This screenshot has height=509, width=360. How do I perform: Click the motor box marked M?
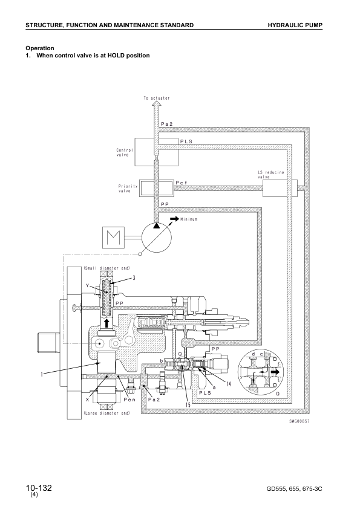[x=113, y=238]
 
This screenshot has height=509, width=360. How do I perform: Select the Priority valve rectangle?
[x=156, y=188]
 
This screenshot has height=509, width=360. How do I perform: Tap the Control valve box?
[x=156, y=152]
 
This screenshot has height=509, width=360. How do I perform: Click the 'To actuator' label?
[x=157, y=98]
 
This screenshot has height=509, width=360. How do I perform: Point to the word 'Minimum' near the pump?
[x=189, y=219]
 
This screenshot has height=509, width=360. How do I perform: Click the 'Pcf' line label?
[x=182, y=183]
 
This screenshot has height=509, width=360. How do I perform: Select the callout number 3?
[x=134, y=278]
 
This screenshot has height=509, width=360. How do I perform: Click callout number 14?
[x=229, y=384]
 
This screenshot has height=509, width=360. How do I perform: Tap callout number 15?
[x=188, y=405]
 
